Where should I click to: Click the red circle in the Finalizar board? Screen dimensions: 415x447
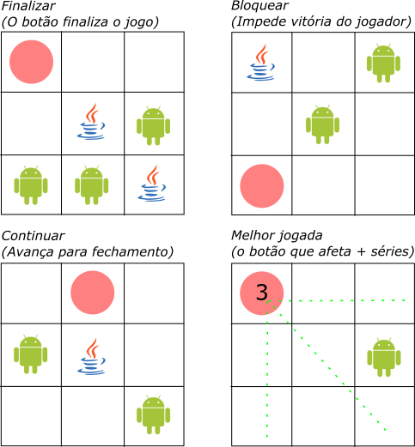[x=31, y=62]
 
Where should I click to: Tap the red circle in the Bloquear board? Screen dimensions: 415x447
[x=262, y=186]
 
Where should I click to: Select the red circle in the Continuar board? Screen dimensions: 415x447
[x=93, y=293]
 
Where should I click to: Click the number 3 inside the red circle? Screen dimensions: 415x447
[x=262, y=293]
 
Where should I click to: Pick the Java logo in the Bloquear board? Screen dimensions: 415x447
[x=261, y=63]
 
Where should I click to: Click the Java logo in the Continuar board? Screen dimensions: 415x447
[x=91, y=356]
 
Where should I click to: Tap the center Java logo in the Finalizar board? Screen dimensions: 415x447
[x=91, y=122]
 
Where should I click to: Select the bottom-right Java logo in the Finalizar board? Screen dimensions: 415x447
[x=152, y=183]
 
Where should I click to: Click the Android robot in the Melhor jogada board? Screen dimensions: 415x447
[x=384, y=357]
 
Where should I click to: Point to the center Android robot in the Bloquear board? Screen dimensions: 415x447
[x=322, y=124]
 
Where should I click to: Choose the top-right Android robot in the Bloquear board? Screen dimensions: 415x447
[x=383, y=63]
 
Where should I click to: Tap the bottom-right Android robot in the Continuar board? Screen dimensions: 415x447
[x=153, y=415]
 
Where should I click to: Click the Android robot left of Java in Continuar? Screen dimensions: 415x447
[x=31, y=354]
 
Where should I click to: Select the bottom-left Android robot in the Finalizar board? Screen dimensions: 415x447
[x=31, y=185]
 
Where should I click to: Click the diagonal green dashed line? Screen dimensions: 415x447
[x=327, y=365]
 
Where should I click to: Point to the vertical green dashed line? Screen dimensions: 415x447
[x=267, y=369]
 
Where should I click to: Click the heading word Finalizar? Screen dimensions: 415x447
[x=28, y=6]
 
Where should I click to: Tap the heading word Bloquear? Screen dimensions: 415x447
[x=260, y=6]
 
